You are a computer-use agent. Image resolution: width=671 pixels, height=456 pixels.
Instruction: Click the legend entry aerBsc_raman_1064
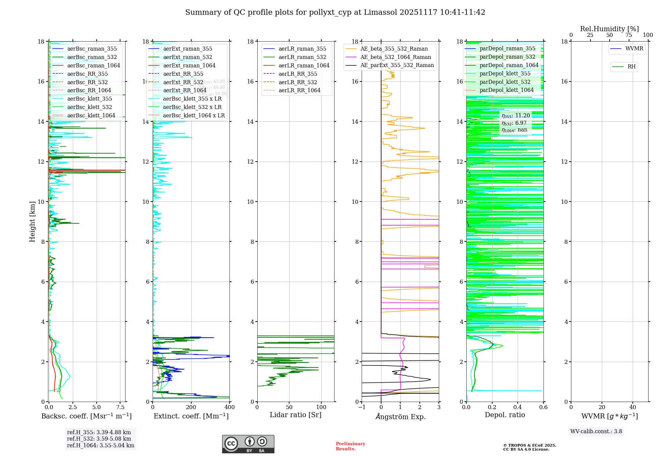click(x=93, y=66)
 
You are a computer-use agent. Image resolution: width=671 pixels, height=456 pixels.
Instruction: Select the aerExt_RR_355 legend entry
click(x=183, y=74)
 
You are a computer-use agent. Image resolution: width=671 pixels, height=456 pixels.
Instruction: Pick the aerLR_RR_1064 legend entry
click(x=299, y=91)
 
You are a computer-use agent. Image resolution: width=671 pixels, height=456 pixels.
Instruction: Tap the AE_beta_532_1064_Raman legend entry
click(x=395, y=57)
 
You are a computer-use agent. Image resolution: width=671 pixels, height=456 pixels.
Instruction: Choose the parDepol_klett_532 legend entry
click(x=505, y=82)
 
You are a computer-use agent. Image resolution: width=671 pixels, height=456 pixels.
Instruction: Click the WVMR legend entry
click(x=634, y=49)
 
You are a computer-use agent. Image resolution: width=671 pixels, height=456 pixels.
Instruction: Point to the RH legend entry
click(x=631, y=67)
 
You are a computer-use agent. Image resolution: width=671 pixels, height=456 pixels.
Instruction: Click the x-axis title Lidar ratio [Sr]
click(x=296, y=415)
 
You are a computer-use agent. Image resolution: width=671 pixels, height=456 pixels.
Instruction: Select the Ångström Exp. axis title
click(x=400, y=417)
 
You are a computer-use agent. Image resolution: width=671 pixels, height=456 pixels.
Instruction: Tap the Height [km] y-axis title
click(x=32, y=222)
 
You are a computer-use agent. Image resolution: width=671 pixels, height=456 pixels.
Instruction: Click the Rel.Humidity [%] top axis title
click(x=609, y=29)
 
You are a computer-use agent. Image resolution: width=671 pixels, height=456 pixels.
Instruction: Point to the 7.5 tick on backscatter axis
click(x=120, y=407)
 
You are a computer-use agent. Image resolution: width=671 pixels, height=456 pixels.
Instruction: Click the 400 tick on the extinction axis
click(x=229, y=407)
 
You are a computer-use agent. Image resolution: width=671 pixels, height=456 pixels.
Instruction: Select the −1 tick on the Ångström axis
click(x=362, y=407)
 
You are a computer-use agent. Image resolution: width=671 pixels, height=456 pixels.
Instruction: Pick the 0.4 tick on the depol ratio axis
click(x=518, y=407)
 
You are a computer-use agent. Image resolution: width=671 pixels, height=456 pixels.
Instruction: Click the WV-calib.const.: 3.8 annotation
click(x=596, y=432)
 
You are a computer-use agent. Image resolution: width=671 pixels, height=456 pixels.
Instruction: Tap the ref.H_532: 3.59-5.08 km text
click(x=99, y=439)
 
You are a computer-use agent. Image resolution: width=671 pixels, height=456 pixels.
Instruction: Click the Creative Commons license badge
click(x=248, y=444)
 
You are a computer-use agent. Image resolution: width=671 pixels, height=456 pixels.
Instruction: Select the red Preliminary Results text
click(x=350, y=446)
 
